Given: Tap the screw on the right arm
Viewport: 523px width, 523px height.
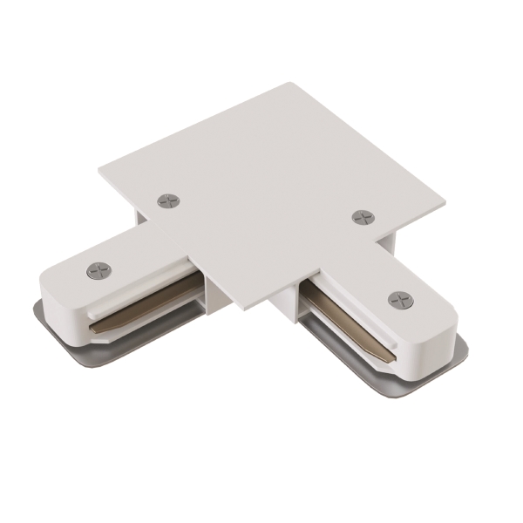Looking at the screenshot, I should (x=401, y=300).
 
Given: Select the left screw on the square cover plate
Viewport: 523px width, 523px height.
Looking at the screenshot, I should (x=167, y=201).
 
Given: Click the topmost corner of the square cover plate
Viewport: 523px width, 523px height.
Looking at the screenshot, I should (x=290, y=85).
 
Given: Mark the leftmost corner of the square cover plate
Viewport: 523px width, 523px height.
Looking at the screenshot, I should (x=100, y=167).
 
